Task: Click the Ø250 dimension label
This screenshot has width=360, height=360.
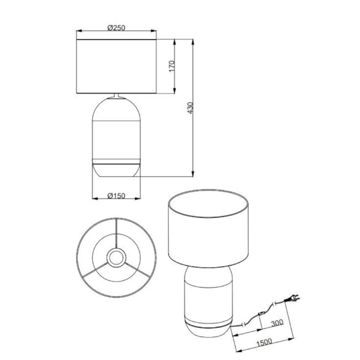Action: [117, 27]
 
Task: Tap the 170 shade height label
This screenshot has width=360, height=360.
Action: [171, 66]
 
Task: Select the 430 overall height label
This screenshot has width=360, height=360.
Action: [190, 108]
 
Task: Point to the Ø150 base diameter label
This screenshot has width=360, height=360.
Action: [117, 196]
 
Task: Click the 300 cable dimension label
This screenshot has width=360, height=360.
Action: [277, 323]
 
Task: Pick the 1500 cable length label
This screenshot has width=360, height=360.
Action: [264, 342]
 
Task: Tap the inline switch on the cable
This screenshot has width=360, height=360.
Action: [262, 313]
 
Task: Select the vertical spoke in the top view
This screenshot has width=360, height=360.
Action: [117, 233]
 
